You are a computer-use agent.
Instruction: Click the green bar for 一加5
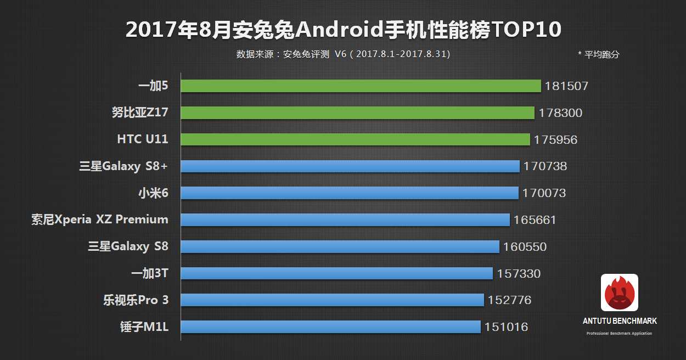pos(361,86)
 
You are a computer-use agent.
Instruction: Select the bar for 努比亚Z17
pos(357,113)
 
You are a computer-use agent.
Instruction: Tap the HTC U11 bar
pos(355,139)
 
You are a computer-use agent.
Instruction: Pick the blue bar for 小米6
pos(349,193)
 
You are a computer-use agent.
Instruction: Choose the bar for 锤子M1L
pos(330,327)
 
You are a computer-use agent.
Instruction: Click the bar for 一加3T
pos(336,273)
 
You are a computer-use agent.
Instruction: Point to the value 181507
pos(566,86)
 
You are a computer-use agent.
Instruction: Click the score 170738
pos(545,166)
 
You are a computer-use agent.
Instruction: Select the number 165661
pos(535,220)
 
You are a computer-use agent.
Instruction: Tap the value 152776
pos(509,300)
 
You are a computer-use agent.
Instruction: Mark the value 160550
pos(525,247)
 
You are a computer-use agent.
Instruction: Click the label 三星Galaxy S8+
pos(123,166)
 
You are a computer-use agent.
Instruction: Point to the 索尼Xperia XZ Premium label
pos(100,220)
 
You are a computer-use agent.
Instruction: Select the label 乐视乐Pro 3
pos(136,300)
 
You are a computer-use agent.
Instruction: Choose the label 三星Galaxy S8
pos(128,247)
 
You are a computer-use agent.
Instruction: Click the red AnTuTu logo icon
pos(620,292)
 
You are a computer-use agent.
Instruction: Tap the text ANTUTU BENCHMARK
pos(620,321)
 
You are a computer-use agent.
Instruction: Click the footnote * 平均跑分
pos(598,55)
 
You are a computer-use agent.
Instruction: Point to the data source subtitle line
pos(343,54)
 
